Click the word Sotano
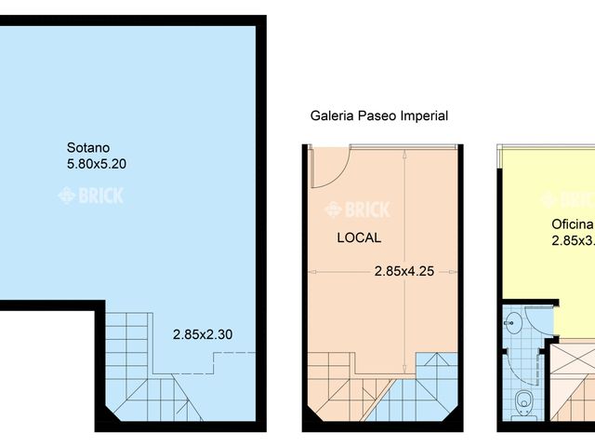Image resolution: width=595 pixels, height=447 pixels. pyautogui.click(x=88, y=147)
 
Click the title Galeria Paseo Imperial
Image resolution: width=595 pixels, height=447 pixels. pyautogui.click(x=378, y=116)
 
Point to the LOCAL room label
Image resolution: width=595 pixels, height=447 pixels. pyautogui.click(x=358, y=237)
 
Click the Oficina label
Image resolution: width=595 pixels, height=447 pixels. pyautogui.click(x=572, y=224)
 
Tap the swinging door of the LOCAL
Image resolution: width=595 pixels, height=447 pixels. pyautogui.click(x=328, y=168)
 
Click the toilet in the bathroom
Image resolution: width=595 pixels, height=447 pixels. pyautogui.click(x=523, y=402)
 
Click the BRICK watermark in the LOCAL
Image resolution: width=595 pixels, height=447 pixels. pyautogui.click(x=358, y=210)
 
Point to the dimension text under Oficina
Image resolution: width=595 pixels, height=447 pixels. pyautogui.click(x=572, y=240)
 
